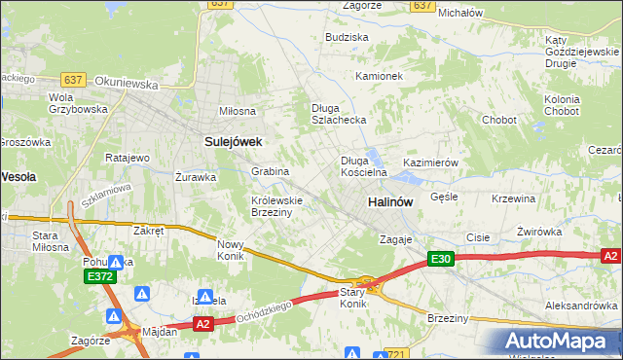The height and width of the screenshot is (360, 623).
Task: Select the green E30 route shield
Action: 440,259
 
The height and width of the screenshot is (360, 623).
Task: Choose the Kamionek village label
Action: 379,76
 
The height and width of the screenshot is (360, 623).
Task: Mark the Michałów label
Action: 460,14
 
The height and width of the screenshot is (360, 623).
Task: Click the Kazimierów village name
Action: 430,163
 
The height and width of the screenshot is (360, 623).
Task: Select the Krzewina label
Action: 514,198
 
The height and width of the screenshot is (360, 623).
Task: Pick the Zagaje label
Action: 397,239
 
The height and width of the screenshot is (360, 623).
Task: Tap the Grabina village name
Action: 271,171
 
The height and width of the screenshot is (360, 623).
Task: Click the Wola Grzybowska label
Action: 77,103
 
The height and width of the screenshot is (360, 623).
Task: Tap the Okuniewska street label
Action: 127,85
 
